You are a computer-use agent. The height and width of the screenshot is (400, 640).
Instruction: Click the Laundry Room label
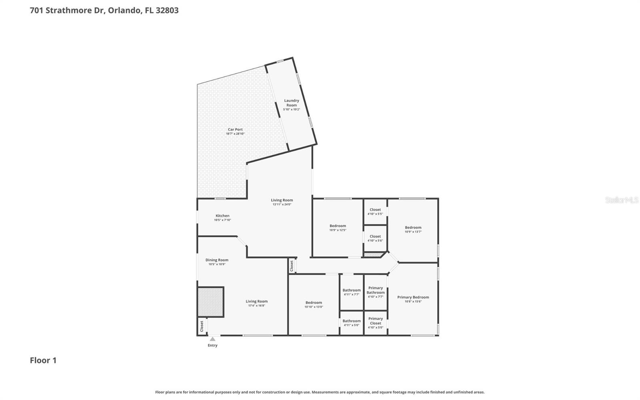[292, 103]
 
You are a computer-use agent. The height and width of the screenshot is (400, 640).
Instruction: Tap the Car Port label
[235, 130]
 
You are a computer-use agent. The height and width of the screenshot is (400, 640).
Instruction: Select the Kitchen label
[222, 216]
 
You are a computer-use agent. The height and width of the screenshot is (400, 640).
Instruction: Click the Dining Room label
[217, 260]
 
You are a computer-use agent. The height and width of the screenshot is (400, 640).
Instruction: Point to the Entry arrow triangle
[212, 339]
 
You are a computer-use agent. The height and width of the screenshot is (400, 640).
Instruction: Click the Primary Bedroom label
[413, 297]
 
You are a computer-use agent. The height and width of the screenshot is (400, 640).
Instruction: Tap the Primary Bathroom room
[376, 292]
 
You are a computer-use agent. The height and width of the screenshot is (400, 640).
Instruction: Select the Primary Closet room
[376, 323]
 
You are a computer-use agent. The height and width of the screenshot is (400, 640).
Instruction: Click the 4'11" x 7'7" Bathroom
[351, 292]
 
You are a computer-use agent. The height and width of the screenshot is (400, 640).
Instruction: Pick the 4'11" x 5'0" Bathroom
[351, 323]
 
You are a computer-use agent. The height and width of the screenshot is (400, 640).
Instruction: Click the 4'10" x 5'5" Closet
[375, 212]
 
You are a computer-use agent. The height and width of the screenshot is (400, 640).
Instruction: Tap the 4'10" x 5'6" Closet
[375, 238]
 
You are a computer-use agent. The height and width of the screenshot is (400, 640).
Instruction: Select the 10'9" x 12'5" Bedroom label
[338, 226]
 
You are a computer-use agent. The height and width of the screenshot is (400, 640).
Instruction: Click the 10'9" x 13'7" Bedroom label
[413, 228]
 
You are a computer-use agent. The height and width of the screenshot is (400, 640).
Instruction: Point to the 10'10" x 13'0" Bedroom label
[314, 303]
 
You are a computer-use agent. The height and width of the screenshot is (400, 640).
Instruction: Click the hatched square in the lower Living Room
[210, 302]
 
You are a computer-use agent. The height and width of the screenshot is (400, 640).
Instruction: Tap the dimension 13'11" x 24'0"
[282, 204]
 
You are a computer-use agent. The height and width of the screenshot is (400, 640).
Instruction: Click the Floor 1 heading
[43, 360]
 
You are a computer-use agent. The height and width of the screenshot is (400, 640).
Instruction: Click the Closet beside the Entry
[202, 326]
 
